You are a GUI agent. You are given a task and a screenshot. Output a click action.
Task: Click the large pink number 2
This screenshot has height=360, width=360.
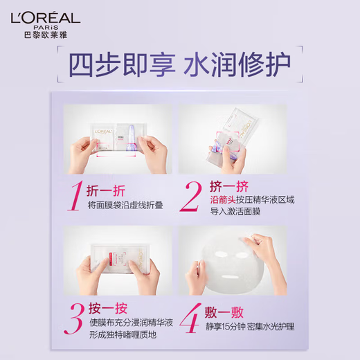(x=190, y=196)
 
